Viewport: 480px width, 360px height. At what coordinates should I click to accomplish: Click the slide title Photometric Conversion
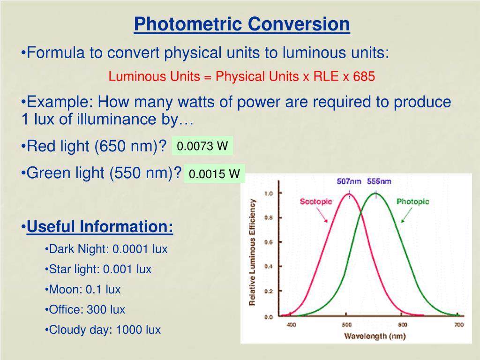[242, 24]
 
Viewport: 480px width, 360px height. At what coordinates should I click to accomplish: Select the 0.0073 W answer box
[202, 146]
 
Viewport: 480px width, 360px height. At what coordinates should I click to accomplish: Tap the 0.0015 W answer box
[214, 174]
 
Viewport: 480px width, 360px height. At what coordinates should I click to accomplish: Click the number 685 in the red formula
[364, 76]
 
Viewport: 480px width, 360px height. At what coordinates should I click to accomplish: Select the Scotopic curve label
[315, 202]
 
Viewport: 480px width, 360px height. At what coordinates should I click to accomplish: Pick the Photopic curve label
[412, 202]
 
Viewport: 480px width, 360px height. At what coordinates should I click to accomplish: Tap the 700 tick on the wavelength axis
[459, 325]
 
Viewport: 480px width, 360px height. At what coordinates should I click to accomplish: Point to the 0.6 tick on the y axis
[269, 242]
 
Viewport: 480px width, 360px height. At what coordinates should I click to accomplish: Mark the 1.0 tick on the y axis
[269, 193]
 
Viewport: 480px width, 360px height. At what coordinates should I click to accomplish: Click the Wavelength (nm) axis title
[375, 336]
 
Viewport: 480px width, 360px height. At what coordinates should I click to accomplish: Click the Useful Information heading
[100, 227]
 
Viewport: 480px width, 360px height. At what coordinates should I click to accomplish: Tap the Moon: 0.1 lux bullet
[84, 289]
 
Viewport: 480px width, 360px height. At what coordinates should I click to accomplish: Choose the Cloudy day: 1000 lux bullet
[105, 330]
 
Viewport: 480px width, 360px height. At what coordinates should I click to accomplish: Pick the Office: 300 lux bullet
[87, 309]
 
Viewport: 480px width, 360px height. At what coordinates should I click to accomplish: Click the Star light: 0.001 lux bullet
[100, 269]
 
